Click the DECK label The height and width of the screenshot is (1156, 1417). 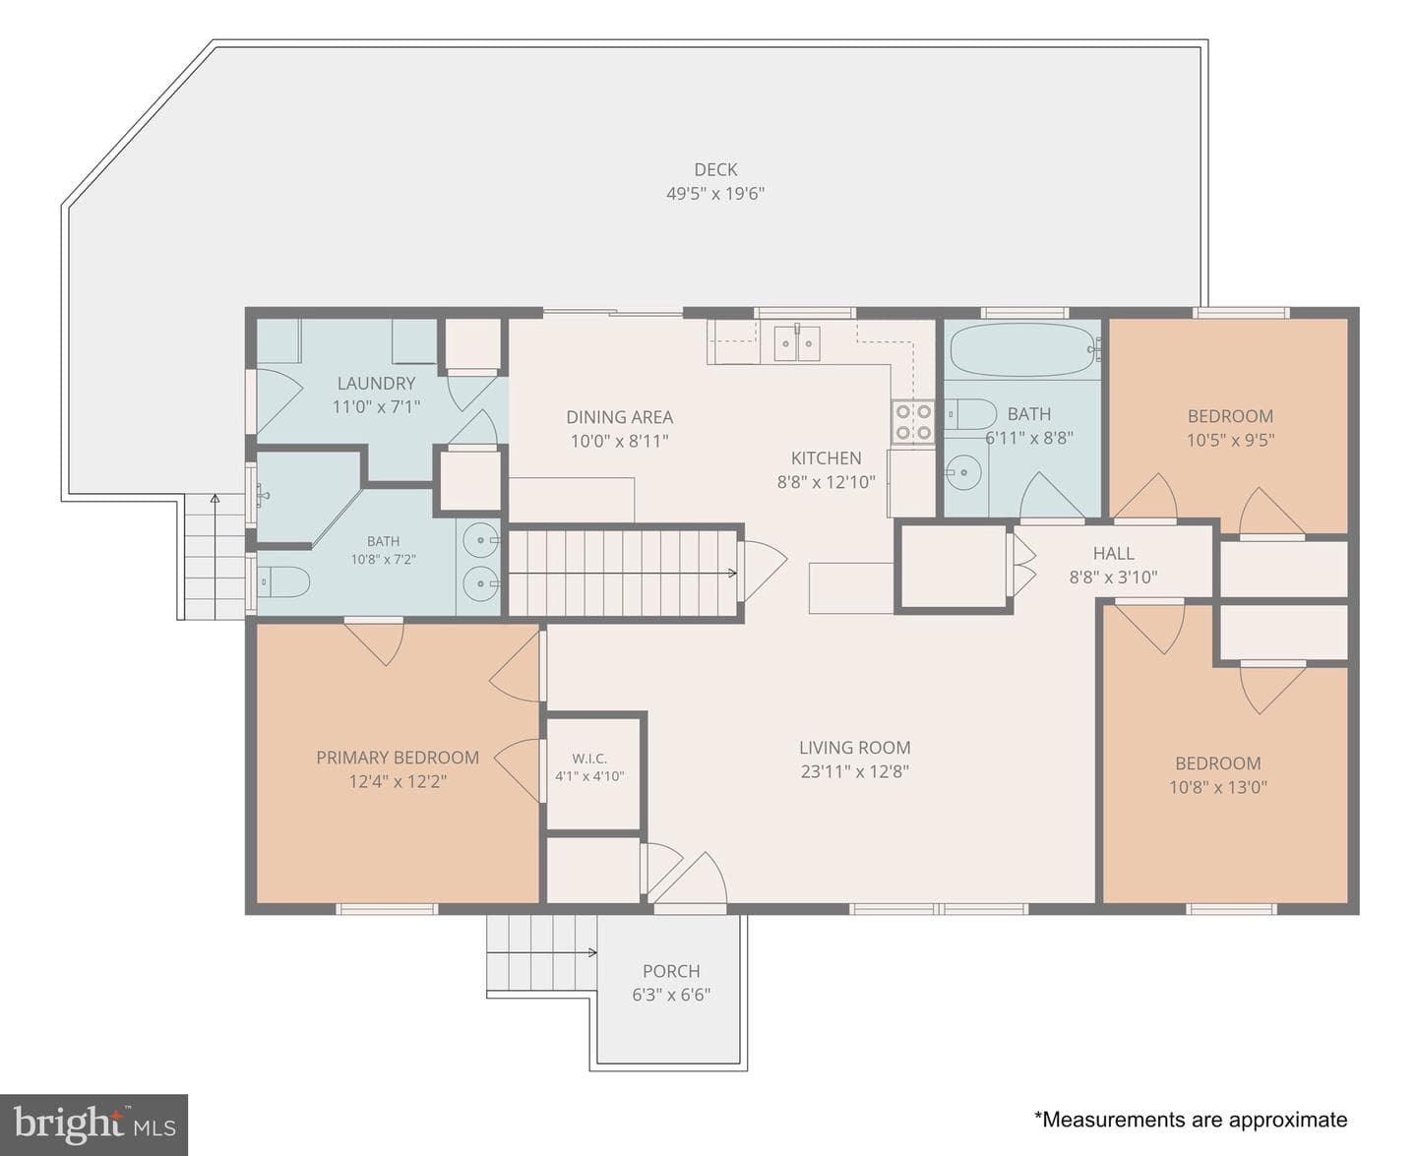[714, 169]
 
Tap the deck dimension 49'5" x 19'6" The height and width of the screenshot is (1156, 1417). [714, 194]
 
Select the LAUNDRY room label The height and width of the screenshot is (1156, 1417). [376, 384]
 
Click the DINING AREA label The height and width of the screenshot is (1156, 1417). [620, 417]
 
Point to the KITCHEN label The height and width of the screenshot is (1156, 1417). [826, 458]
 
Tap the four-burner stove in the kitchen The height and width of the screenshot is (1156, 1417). [913, 422]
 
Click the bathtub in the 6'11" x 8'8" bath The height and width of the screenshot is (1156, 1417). [1022, 350]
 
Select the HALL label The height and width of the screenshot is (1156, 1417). [1113, 554]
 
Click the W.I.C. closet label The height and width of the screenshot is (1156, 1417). [589, 759]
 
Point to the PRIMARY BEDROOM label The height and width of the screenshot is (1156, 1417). [398, 758]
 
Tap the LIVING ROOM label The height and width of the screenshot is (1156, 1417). [855, 748]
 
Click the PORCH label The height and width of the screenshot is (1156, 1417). [671, 971]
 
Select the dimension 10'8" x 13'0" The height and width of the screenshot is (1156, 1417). [1218, 787]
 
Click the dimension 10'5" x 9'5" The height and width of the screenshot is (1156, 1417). [1230, 440]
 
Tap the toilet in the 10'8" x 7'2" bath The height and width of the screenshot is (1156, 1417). [283, 581]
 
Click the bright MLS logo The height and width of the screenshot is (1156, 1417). [93, 1125]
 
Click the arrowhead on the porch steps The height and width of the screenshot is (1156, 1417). [592, 952]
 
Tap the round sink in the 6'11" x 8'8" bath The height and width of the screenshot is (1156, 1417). [962, 472]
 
